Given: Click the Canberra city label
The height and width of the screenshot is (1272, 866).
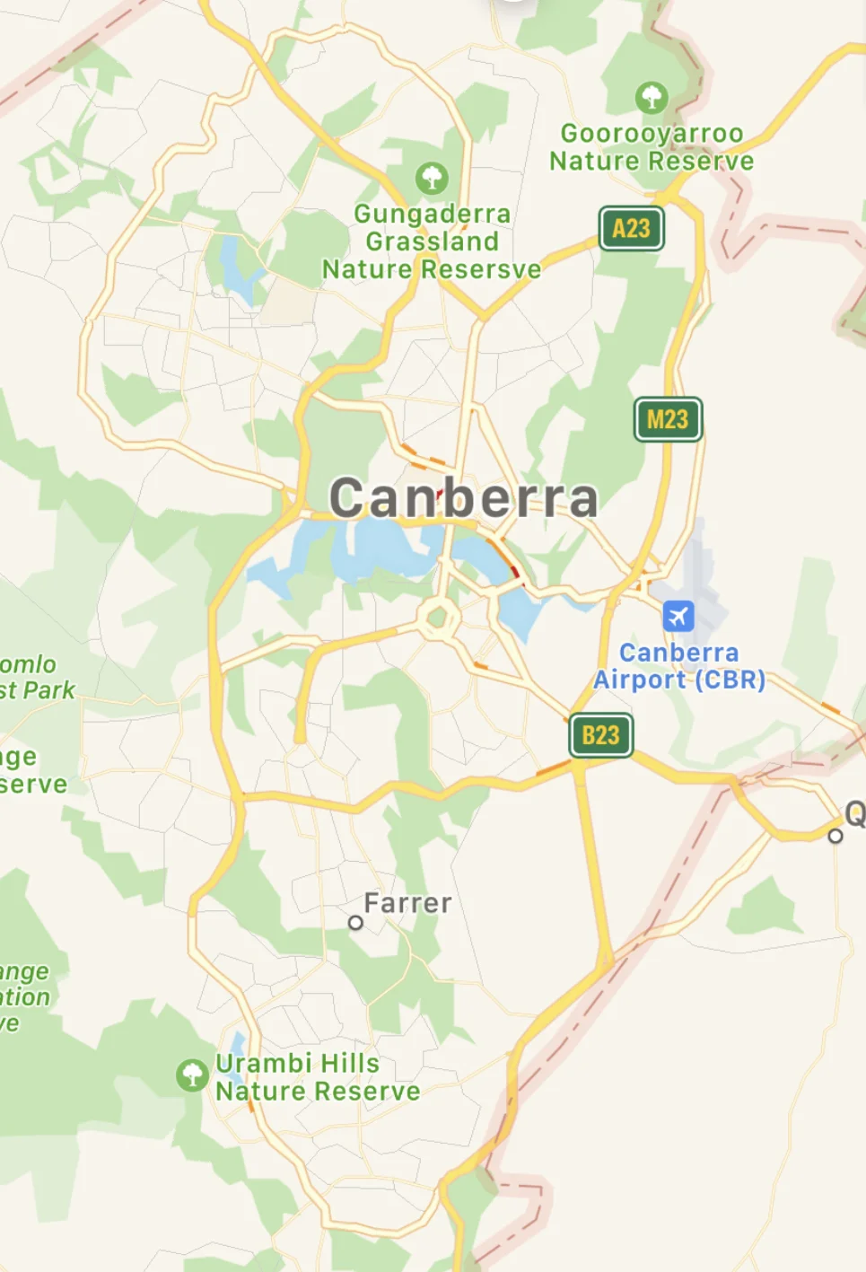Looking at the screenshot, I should pyautogui.click(x=463, y=498).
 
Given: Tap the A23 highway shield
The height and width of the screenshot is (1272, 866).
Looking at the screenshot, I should pyautogui.click(x=631, y=229).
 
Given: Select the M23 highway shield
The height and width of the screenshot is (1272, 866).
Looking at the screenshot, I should pyautogui.click(x=668, y=419).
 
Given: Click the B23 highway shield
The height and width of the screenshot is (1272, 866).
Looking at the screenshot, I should pyautogui.click(x=600, y=735).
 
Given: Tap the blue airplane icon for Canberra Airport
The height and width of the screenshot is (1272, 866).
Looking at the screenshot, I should pyautogui.click(x=678, y=617).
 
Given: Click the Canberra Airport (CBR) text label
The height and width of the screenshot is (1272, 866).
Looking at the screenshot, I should pyautogui.click(x=679, y=666).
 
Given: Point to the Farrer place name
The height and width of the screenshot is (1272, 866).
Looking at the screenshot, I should pyautogui.click(x=408, y=903).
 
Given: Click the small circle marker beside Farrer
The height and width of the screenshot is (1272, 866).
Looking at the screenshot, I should pyautogui.click(x=355, y=923).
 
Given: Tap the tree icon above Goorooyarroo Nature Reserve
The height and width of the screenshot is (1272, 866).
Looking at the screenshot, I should pyautogui.click(x=652, y=96).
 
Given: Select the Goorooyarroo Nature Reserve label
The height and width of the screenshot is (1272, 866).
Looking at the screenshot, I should pyautogui.click(x=652, y=147).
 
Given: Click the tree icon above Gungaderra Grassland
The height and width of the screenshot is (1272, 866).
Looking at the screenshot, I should pyautogui.click(x=432, y=178).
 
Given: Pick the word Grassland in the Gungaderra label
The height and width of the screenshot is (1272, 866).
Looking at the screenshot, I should pyautogui.click(x=432, y=241).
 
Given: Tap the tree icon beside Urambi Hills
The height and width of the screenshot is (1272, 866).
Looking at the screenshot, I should pyautogui.click(x=192, y=1075).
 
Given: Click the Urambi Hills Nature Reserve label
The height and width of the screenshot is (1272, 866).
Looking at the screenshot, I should pyautogui.click(x=318, y=1077).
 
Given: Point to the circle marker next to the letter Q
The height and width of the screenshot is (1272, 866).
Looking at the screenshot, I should pyautogui.click(x=835, y=836).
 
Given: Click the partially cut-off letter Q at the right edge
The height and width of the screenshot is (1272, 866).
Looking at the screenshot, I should pyautogui.click(x=855, y=814).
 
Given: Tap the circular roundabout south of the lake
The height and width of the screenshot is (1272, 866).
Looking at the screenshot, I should pyautogui.click(x=438, y=618).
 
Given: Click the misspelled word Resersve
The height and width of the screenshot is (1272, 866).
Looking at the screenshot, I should pyautogui.click(x=481, y=269).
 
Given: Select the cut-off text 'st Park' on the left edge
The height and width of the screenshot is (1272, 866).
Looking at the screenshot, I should pyautogui.click(x=37, y=690).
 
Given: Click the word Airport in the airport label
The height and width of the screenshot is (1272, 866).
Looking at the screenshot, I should pyautogui.click(x=639, y=680).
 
